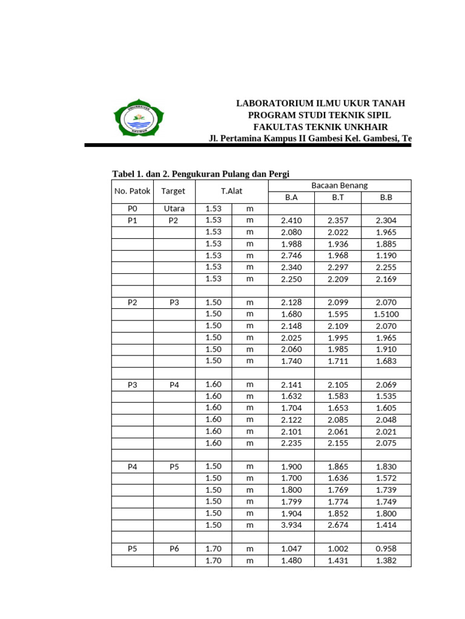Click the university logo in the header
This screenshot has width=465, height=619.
click(x=139, y=118)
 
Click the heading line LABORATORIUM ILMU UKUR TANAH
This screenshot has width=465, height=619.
click(x=320, y=104)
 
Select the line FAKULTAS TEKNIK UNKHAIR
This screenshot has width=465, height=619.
click(x=320, y=127)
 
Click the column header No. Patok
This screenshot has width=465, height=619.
click(x=133, y=192)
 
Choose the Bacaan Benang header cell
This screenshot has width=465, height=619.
click(x=339, y=186)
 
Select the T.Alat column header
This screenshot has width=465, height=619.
click(x=232, y=192)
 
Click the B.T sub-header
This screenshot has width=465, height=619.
click(x=338, y=197)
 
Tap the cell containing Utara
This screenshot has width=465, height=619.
click(x=174, y=209)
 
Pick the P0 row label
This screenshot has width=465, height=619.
click(x=133, y=209)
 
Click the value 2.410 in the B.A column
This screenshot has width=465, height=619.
click(x=291, y=221)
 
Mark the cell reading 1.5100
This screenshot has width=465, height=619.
click(x=386, y=314)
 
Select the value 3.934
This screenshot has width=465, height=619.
click(x=291, y=525)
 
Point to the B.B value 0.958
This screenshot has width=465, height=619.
click(x=386, y=549)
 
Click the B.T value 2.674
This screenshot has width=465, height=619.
click(x=338, y=525)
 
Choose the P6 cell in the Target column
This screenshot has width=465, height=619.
click(x=174, y=549)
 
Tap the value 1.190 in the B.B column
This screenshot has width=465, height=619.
click(x=386, y=256)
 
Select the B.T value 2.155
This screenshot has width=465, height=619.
click(x=338, y=443)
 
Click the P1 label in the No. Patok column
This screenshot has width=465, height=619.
click(x=133, y=221)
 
